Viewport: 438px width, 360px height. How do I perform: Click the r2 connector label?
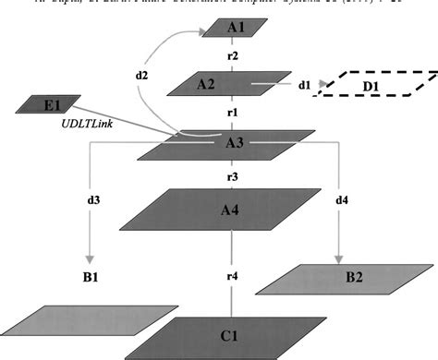234,56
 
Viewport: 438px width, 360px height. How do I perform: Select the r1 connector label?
233,112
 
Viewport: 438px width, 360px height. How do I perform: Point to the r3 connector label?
233,175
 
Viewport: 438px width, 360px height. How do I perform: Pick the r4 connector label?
233,276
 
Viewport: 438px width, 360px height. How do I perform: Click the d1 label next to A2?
305,85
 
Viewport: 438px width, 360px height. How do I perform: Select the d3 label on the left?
94,198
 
